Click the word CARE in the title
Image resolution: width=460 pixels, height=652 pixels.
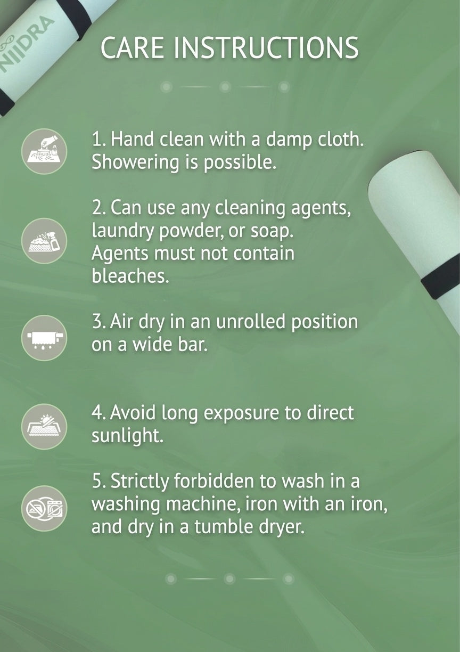(132, 47)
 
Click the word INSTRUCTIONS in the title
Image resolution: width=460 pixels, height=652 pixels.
(266, 47)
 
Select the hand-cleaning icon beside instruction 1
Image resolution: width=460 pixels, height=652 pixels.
(44, 151)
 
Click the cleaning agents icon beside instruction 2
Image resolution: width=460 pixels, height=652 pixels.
(44, 241)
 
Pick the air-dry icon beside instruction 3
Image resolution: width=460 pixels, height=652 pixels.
(44, 338)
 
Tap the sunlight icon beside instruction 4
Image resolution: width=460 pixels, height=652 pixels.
(44, 427)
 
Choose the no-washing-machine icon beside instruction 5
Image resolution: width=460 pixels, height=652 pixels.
(44, 509)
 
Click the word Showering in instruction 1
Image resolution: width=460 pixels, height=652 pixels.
(135, 162)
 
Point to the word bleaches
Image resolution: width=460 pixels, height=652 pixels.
(130, 275)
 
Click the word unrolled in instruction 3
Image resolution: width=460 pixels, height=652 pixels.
(251, 322)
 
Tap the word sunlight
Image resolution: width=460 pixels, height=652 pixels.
(127, 436)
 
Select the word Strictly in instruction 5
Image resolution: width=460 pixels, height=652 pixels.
(140, 480)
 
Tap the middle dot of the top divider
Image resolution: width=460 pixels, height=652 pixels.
(225, 87)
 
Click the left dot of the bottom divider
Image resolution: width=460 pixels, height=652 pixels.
(171, 578)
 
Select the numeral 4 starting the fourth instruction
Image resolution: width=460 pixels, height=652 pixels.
(96, 413)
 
